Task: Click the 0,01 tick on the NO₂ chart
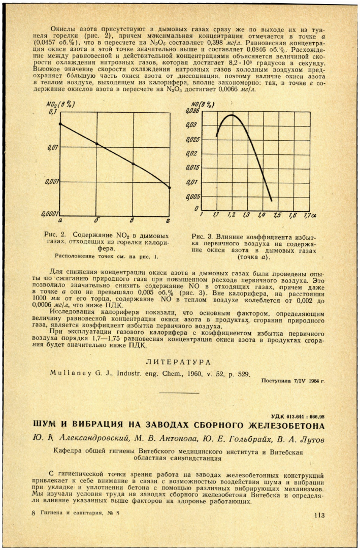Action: [51, 148]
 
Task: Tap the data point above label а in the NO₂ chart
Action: [60, 123]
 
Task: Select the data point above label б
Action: [97, 144]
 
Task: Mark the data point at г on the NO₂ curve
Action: [170, 187]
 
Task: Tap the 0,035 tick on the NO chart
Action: [194, 111]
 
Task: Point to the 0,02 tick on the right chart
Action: [193, 153]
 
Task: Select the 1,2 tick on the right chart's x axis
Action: [231, 215]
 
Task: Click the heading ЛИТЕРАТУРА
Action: [179, 363]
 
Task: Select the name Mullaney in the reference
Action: [69, 374]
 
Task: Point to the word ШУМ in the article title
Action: [46, 425]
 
